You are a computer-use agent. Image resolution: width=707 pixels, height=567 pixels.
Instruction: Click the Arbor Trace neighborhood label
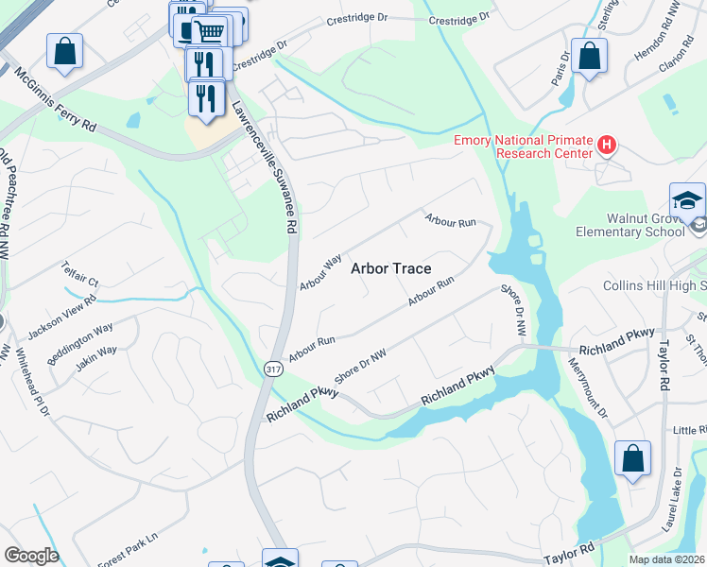pos(390,268)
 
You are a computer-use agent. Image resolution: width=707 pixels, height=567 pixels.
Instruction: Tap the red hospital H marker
pos(607,146)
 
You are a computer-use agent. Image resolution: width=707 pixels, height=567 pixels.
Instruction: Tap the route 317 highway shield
pos(272,368)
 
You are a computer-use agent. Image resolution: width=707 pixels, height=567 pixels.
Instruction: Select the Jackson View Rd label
pos(62,314)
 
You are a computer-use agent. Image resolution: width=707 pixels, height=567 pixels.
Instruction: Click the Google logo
pos(31,556)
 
